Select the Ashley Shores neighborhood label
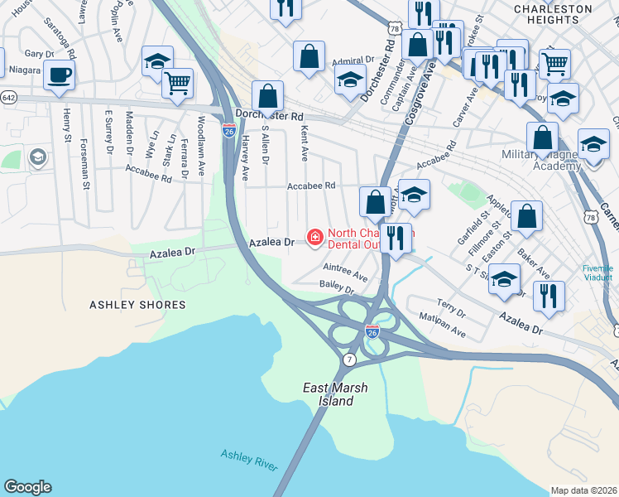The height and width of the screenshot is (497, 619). click(x=137, y=305)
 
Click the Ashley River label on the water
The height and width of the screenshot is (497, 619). click(x=249, y=460)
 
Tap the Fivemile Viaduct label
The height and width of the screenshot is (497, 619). click(x=597, y=274)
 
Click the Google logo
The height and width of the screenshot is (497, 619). click(x=27, y=487)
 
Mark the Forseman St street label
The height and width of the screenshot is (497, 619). click(x=85, y=169)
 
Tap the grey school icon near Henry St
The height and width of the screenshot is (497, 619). click(x=37, y=157)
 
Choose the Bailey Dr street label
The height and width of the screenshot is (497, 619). click(x=337, y=288)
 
